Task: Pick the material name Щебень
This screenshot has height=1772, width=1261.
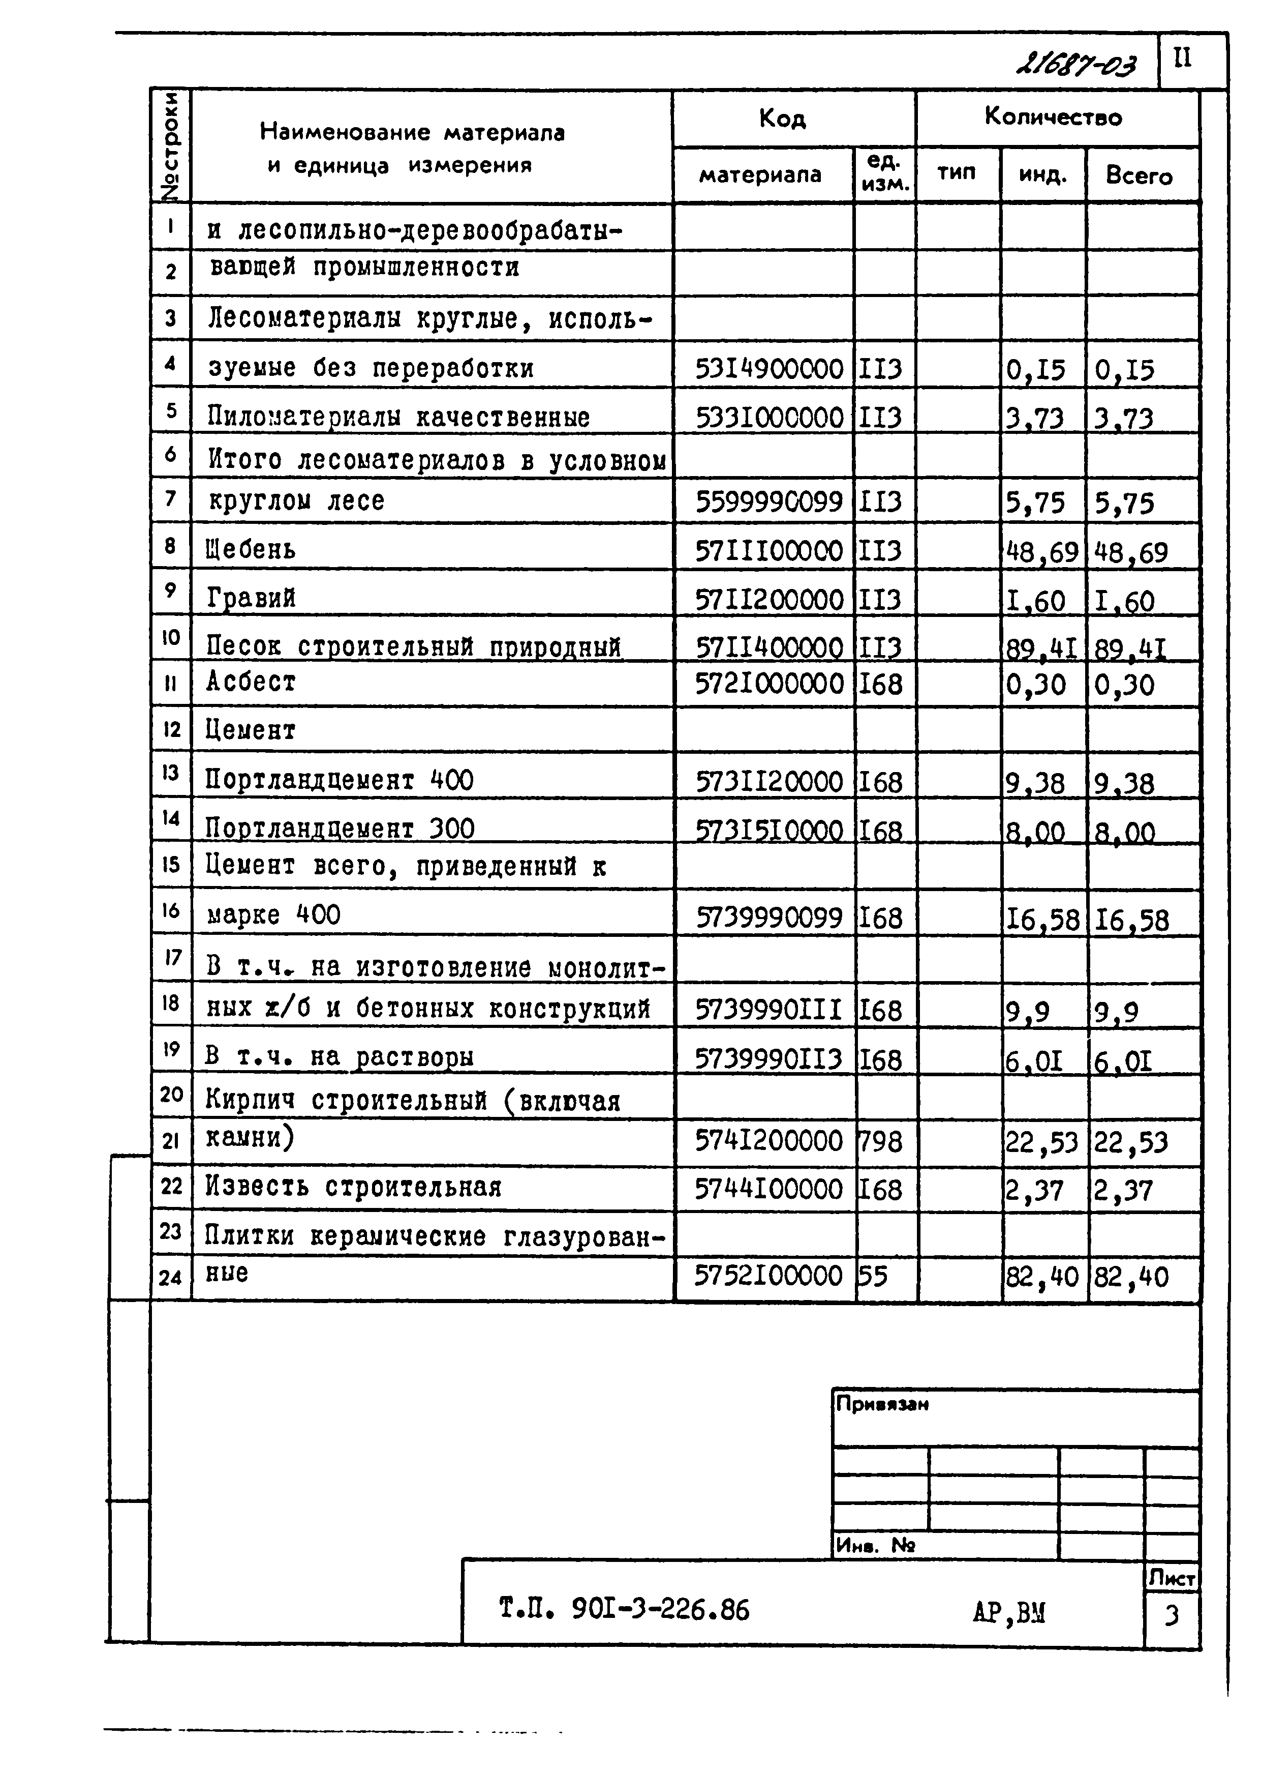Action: [251, 550]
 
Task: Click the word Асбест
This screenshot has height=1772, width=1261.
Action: [251, 682]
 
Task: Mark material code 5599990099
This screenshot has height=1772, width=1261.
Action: [768, 503]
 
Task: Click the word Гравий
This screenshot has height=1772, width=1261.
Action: [251, 598]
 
